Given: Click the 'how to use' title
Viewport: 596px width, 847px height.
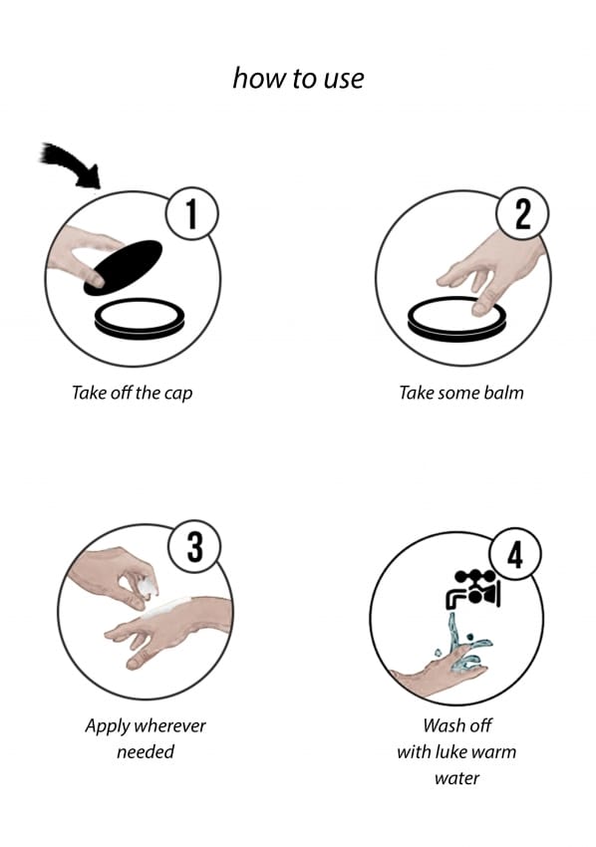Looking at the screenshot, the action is [x=298, y=79].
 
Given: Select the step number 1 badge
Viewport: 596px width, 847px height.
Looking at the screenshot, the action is [x=191, y=214].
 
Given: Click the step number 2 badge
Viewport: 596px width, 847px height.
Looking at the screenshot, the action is [x=522, y=214].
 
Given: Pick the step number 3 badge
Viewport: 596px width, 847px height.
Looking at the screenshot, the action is [x=194, y=547].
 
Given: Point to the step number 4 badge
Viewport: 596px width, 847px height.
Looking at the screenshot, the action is [x=515, y=554].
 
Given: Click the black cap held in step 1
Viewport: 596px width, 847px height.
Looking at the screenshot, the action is [x=124, y=268].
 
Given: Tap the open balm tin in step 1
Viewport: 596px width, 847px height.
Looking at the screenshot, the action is [x=139, y=317].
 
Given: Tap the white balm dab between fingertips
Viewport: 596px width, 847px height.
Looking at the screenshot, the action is [x=148, y=586].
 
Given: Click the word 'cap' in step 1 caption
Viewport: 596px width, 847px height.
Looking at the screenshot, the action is [x=178, y=394].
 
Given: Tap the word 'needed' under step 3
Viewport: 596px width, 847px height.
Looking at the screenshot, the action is [x=146, y=751].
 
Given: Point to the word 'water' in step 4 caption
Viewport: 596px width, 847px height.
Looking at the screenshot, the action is [x=456, y=778].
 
